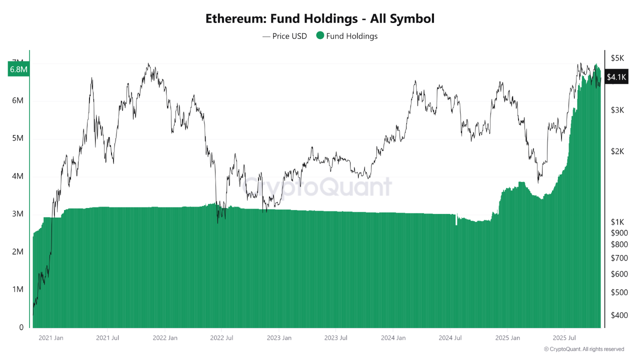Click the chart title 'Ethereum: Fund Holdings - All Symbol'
(320, 19)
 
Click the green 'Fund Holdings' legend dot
(320, 35)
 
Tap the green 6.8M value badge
(18, 69)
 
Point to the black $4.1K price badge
(616, 77)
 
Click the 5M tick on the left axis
(18, 138)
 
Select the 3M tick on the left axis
(18, 214)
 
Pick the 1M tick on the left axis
(18, 289)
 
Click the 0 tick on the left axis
(21, 327)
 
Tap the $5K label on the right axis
(617, 58)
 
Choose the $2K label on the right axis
(617, 151)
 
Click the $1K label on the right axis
(617, 221)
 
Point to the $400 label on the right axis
(619, 315)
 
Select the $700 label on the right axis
(619, 258)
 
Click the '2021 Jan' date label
(50, 338)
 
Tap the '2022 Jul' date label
(222, 338)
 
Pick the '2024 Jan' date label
(393, 338)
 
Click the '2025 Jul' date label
(564, 338)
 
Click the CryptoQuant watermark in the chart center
(318, 186)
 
